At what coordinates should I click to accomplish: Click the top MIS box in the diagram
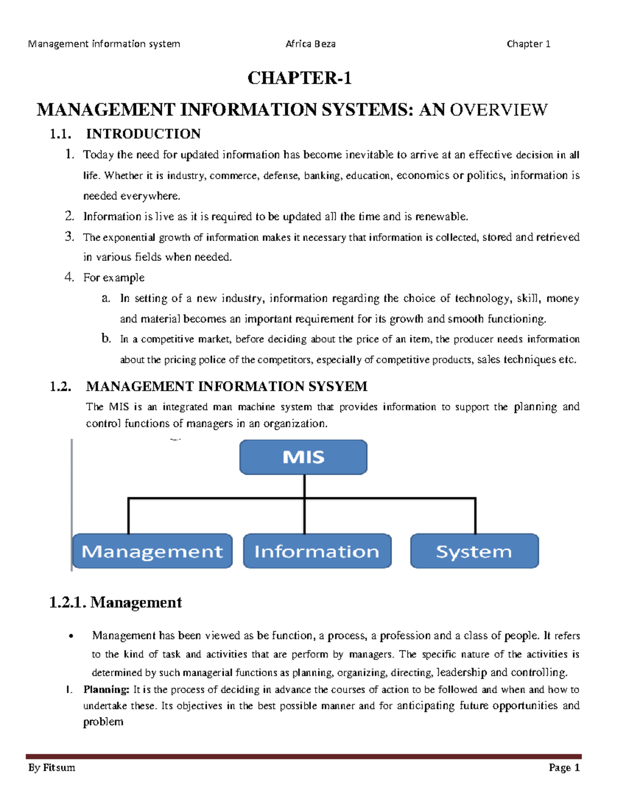pyautogui.click(x=303, y=457)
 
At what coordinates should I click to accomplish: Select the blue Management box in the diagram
pyautogui.click(x=152, y=551)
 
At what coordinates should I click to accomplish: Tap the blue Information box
pyautogui.click(x=317, y=551)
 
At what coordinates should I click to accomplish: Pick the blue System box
pyautogui.click(x=474, y=551)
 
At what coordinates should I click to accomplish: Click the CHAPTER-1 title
pyautogui.click(x=299, y=78)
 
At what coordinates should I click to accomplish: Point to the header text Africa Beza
pyautogui.click(x=310, y=44)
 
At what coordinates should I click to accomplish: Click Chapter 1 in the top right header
pyautogui.click(x=528, y=44)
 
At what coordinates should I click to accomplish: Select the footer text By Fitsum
pyautogui.click(x=52, y=767)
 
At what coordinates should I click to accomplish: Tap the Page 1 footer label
pyautogui.click(x=564, y=767)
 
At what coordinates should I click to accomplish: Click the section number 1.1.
pyautogui.click(x=60, y=134)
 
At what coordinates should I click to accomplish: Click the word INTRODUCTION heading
pyautogui.click(x=143, y=134)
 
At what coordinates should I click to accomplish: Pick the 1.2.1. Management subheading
pyautogui.click(x=115, y=602)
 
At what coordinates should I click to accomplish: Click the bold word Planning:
pyautogui.click(x=106, y=690)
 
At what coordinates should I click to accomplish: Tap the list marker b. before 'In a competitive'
pyautogui.click(x=106, y=338)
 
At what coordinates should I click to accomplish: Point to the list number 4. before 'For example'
pyautogui.click(x=69, y=277)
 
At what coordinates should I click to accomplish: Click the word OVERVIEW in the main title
pyautogui.click(x=499, y=110)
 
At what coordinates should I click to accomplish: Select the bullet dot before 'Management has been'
pyautogui.click(x=71, y=636)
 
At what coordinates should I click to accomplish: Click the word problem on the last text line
pyautogui.click(x=103, y=722)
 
